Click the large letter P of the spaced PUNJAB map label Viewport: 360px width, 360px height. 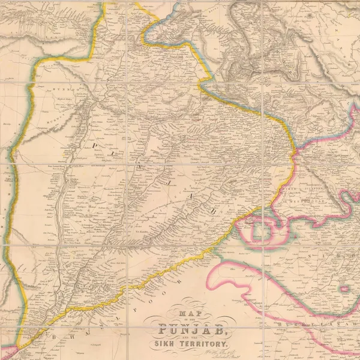point(94,146)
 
